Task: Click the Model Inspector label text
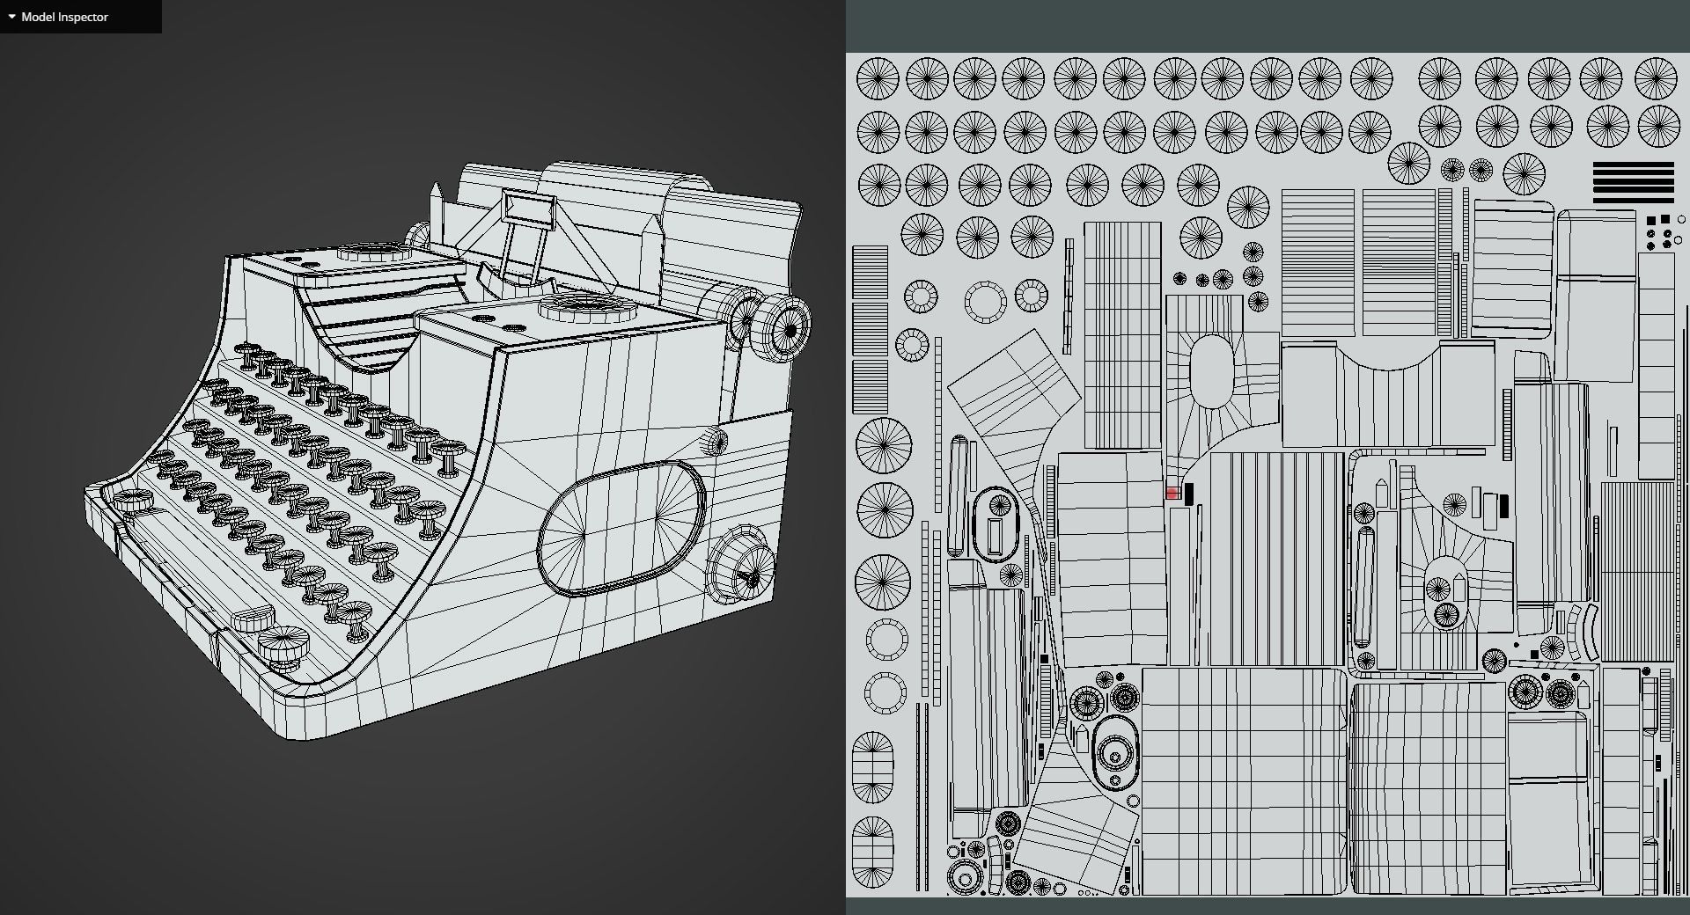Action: coord(64,17)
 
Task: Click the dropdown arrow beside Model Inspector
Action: coord(11,17)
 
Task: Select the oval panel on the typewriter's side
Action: coord(621,527)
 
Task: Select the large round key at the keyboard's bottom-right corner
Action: coord(283,644)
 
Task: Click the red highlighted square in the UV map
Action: coord(1172,494)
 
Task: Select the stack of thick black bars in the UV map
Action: coord(1633,182)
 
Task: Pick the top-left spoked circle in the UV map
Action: coord(878,79)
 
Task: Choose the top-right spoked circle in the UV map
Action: coord(1656,79)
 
